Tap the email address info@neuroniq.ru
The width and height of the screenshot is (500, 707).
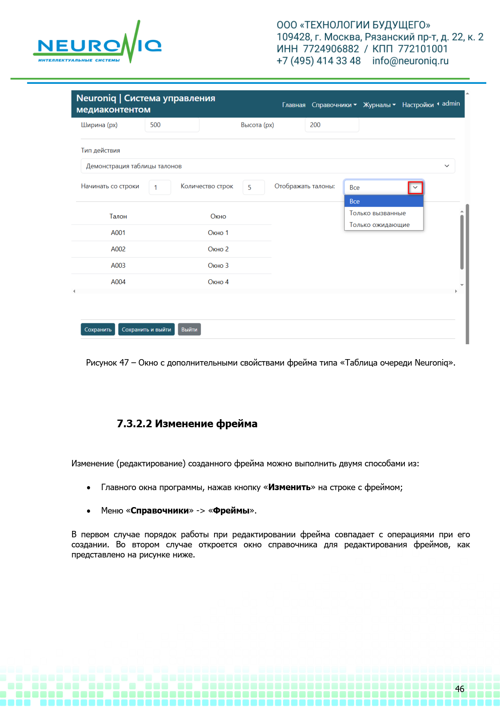pyautogui.click(x=410, y=61)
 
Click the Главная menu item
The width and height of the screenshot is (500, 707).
pyautogui.click(x=294, y=105)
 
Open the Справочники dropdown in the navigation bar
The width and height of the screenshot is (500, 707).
pyautogui.click(x=334, y=105)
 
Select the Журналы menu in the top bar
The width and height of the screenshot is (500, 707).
pyautogui.click(x=379, y=105)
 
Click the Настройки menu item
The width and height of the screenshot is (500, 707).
pyautogui.click(x=418, y=105)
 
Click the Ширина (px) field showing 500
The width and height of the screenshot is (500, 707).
pyautogui.click(x=172, y=125)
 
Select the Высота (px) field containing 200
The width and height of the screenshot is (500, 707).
pyautogui.click(x=331, y=125)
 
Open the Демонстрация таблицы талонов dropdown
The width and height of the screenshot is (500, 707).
pyautogui.click(x=268, y=166)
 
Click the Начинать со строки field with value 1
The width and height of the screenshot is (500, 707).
pyautogui.click(x=160, y=187)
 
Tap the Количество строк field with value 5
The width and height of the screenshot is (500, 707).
pyautogui.click(x=253, y=187)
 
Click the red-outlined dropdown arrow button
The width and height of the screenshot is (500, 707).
pyautogui.click(x=415, y=187)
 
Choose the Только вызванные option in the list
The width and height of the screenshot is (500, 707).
pyautogui.click(x=377, y=213)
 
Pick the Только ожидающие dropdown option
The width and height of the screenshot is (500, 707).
pyautogui.click(x=379, y=225)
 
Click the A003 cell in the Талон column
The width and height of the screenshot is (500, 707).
pyautogui.click(x=118, y=266)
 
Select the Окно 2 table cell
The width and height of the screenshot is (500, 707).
pyautogui.click(x=218, y=249)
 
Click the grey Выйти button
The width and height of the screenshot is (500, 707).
pyautogui.click(x=189, y=330)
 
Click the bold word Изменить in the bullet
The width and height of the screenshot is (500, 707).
pyautogui.click(x=290, y=487)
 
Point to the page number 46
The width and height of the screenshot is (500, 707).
pyautogui.click(x=460, y=689)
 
